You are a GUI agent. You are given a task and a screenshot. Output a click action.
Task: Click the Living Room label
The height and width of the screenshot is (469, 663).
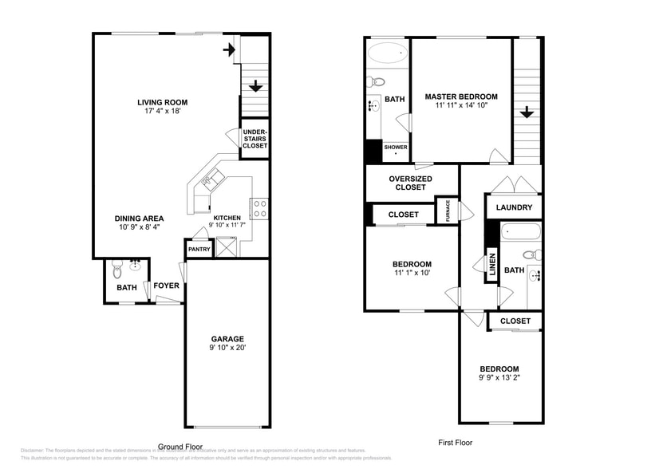pos(162,102)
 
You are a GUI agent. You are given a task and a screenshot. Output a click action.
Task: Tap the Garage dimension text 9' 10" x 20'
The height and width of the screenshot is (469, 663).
pos(227,349)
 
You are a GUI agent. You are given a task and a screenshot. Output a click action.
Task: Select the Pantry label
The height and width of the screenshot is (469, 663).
pos(199,250)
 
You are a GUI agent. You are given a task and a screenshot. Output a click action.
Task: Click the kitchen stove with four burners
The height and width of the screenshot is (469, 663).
pos(259,209)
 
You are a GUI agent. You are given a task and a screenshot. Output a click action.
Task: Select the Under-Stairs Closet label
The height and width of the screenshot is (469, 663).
pos(255,139)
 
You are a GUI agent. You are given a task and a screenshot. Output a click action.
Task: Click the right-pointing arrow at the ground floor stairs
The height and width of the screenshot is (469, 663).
pos(230,50)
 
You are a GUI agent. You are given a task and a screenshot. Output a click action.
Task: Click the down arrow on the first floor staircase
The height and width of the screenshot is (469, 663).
pos(526,113)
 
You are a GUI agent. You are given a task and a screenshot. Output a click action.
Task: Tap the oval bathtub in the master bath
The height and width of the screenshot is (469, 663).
pos(388,55)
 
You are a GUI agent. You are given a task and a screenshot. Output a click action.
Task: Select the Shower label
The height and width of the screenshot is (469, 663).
pos(396,148)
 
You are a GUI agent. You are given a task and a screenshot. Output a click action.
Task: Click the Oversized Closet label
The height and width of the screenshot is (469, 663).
pos(410,183)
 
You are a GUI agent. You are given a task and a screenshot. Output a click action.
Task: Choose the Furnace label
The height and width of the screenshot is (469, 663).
pos(448,211)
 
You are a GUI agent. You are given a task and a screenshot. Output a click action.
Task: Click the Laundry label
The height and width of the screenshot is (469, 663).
pos(514,208)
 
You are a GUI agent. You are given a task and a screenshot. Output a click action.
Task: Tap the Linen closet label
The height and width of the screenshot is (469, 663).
pos(491,265)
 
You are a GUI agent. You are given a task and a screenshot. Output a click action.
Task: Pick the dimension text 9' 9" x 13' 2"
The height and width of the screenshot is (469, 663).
pos(499,378)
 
